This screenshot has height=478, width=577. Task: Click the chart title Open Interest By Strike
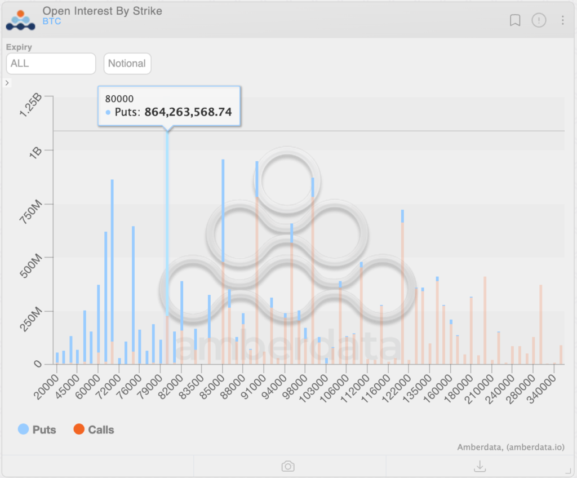click(102, 11)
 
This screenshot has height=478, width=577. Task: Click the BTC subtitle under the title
click(52, 21)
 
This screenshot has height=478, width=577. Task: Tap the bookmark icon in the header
click(514, 20)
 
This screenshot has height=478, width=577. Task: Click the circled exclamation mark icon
click(539, 20)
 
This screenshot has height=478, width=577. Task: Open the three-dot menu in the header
click(562, 20)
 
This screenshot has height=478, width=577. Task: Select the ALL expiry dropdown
click(51, 64)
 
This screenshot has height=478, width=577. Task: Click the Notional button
click(127, 64)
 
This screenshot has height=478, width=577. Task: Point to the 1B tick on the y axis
click(34, 152)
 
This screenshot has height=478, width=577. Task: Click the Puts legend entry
click(37, 430)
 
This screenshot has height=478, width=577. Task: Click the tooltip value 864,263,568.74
click(188, 112)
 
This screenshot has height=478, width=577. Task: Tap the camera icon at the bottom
click(288, 466)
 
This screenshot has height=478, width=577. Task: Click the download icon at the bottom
click(480, 466)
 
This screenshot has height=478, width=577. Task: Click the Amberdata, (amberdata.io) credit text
click(511, 448)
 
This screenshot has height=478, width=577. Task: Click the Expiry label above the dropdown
click(19, 47)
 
